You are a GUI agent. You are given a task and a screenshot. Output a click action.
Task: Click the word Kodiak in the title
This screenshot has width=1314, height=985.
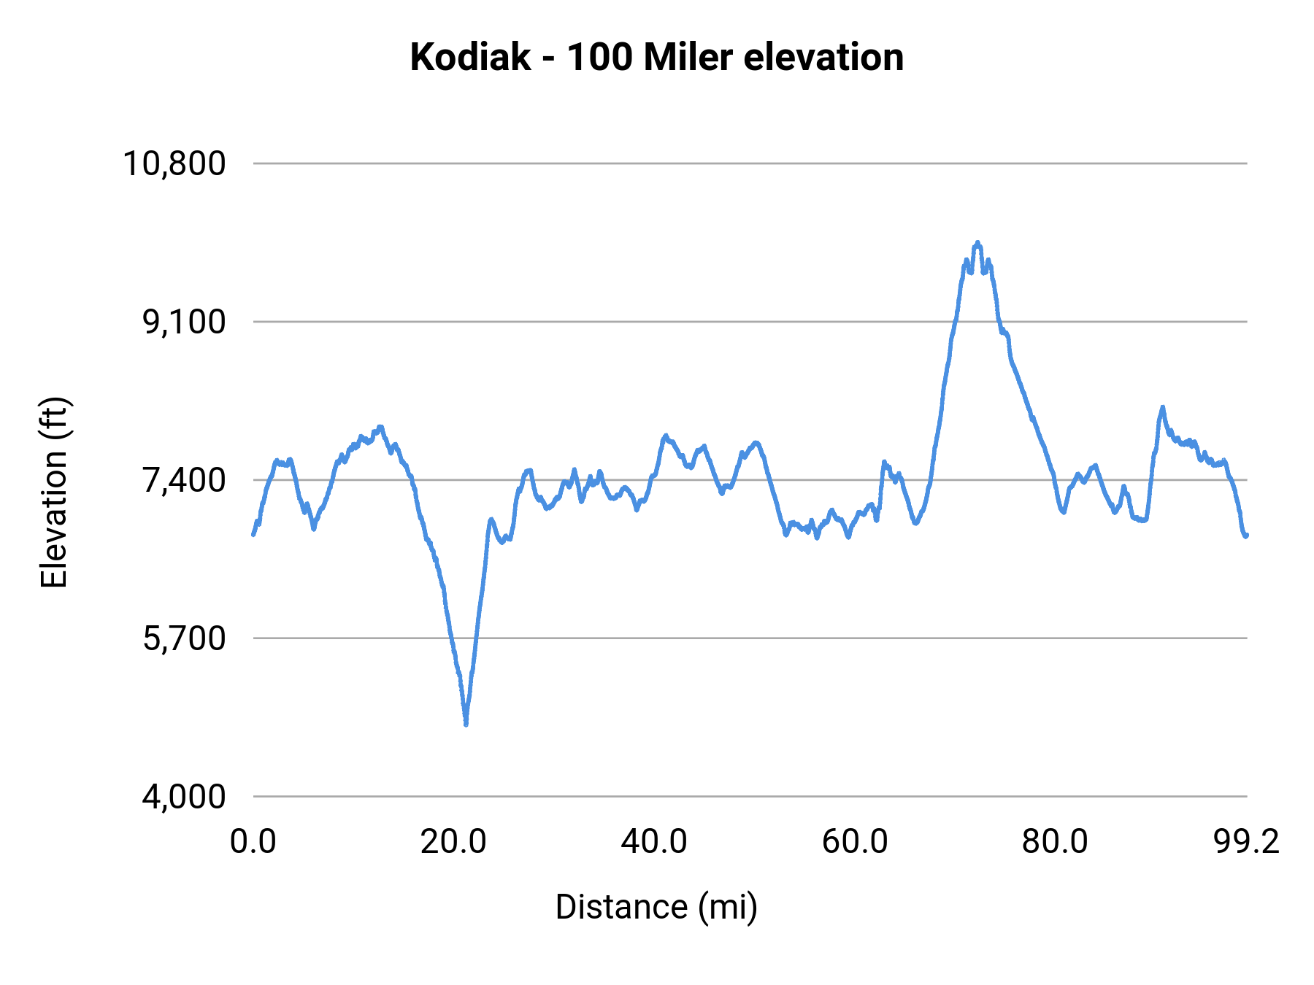(470, 58)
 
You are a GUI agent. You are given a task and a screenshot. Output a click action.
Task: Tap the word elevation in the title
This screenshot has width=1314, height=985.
(823, 58)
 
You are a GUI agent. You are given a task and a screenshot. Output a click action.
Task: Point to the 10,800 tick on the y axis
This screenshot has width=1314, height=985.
(174, 163)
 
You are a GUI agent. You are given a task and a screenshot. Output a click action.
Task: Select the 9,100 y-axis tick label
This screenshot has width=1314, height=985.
(184, 322)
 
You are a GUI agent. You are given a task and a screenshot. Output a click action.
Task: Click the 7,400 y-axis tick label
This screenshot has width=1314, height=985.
(184, 480)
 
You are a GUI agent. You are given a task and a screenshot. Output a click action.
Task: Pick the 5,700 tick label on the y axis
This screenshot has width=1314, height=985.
(184, 638)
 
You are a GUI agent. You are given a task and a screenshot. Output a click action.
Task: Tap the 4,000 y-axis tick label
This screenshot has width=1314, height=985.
(184, 797)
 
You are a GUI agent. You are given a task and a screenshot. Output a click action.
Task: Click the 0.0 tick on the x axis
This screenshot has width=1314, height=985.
(253, 842)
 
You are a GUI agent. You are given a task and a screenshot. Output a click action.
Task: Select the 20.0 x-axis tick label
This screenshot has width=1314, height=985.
(453, 842)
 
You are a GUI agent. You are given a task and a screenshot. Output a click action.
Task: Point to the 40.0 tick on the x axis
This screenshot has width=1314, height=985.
(654, 842)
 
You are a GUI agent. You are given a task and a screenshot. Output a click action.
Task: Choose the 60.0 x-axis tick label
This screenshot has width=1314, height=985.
(855, 842)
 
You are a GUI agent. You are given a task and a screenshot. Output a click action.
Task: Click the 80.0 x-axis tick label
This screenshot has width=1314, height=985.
(1055, 842)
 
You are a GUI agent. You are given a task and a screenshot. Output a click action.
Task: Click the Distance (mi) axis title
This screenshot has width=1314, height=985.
(656, 907)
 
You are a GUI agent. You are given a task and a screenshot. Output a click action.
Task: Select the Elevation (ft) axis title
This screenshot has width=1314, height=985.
(54, 492)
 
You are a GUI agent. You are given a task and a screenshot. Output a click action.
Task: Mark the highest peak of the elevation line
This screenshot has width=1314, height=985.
(977, 243)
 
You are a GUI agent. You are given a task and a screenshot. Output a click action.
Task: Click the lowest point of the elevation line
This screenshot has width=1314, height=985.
(466, 724)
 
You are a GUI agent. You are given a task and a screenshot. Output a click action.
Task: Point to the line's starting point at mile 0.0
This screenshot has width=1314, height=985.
(253, 534)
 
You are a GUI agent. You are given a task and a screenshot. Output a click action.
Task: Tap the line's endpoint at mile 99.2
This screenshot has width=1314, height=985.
(1247, 536)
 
